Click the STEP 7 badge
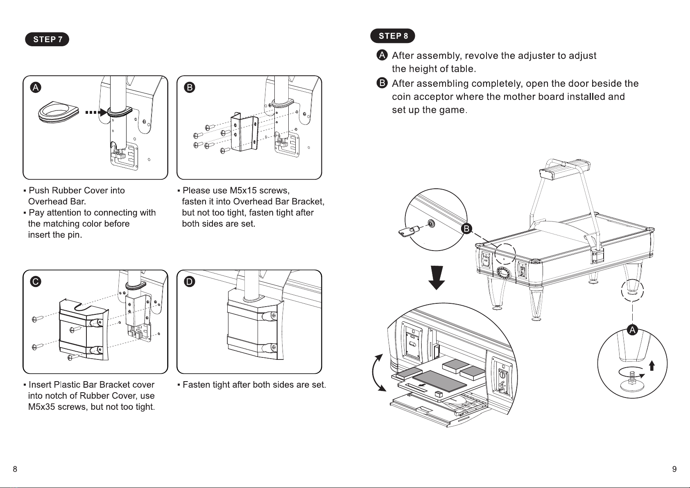47,39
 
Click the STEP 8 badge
393,36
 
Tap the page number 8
15,469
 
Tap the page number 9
674,469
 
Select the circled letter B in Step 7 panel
190,87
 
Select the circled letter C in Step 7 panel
36,282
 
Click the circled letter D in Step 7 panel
190,282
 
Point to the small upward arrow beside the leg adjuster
652,365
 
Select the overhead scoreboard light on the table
566,168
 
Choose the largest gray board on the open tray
442,380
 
